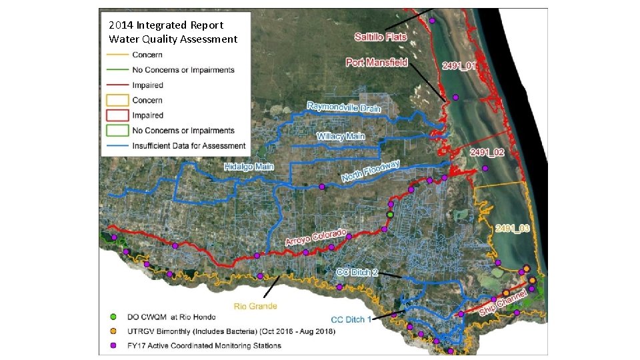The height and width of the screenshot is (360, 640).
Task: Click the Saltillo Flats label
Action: point(381,37)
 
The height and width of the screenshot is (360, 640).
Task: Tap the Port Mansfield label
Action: point(377,63)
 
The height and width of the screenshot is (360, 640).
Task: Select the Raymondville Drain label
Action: point(343,107)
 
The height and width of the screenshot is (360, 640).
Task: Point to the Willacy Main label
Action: point(341,137)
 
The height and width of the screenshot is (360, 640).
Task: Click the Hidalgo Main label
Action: point(249,167)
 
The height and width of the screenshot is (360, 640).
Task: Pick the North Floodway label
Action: point(371,171)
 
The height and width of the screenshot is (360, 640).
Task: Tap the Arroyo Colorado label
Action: point(317,237)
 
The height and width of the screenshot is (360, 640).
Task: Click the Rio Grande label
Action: point(255,307)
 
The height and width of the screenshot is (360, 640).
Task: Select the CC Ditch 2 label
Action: point(357,272)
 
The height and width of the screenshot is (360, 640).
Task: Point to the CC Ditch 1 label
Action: point(351,320)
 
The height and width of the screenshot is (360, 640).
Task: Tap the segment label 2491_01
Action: point(459,66)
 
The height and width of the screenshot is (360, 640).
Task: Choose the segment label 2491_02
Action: point(487,153)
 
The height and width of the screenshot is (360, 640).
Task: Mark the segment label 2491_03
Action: point(513,229)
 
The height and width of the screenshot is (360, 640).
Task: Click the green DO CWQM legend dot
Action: point(113,316)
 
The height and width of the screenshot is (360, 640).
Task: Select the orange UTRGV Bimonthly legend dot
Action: point(113,331)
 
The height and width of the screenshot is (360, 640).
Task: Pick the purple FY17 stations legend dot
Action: point(113,345)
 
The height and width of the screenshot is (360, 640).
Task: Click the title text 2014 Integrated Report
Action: point(166,25)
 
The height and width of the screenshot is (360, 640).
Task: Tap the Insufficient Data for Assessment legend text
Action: point(189,146)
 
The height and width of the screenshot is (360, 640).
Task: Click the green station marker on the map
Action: point(390,215)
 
